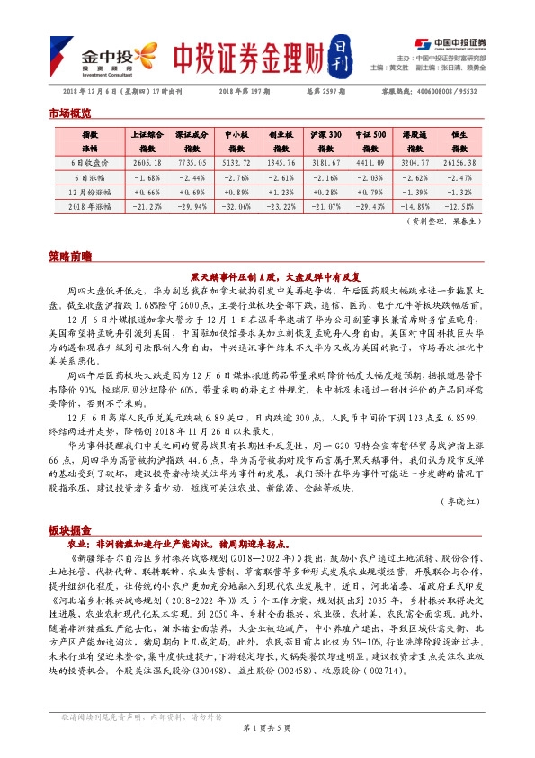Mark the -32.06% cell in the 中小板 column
(x=236, y=207)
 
